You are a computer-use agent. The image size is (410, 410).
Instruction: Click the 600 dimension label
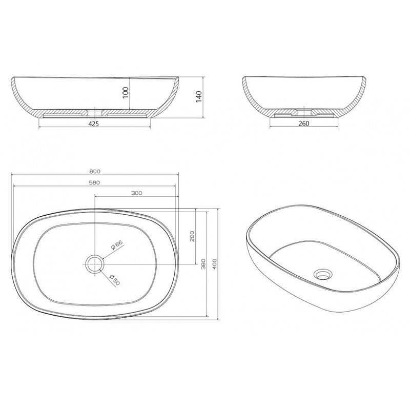coord(95,172)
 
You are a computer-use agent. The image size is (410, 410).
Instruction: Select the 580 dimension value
coord(95,182)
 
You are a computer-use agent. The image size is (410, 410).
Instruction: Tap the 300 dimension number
coord(136,193)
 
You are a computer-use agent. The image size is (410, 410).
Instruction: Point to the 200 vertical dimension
coord(192,236)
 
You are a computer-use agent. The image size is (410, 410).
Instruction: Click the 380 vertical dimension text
coord(203,264)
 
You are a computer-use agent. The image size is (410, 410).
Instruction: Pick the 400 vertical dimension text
coord(214,264)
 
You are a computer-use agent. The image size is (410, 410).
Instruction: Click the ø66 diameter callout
coord(117,245)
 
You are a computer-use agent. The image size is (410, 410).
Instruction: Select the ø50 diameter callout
coord(115,279)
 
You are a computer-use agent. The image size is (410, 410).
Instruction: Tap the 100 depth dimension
coord(126,93)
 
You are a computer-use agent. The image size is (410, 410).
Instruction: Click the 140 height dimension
coord(199,97)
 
